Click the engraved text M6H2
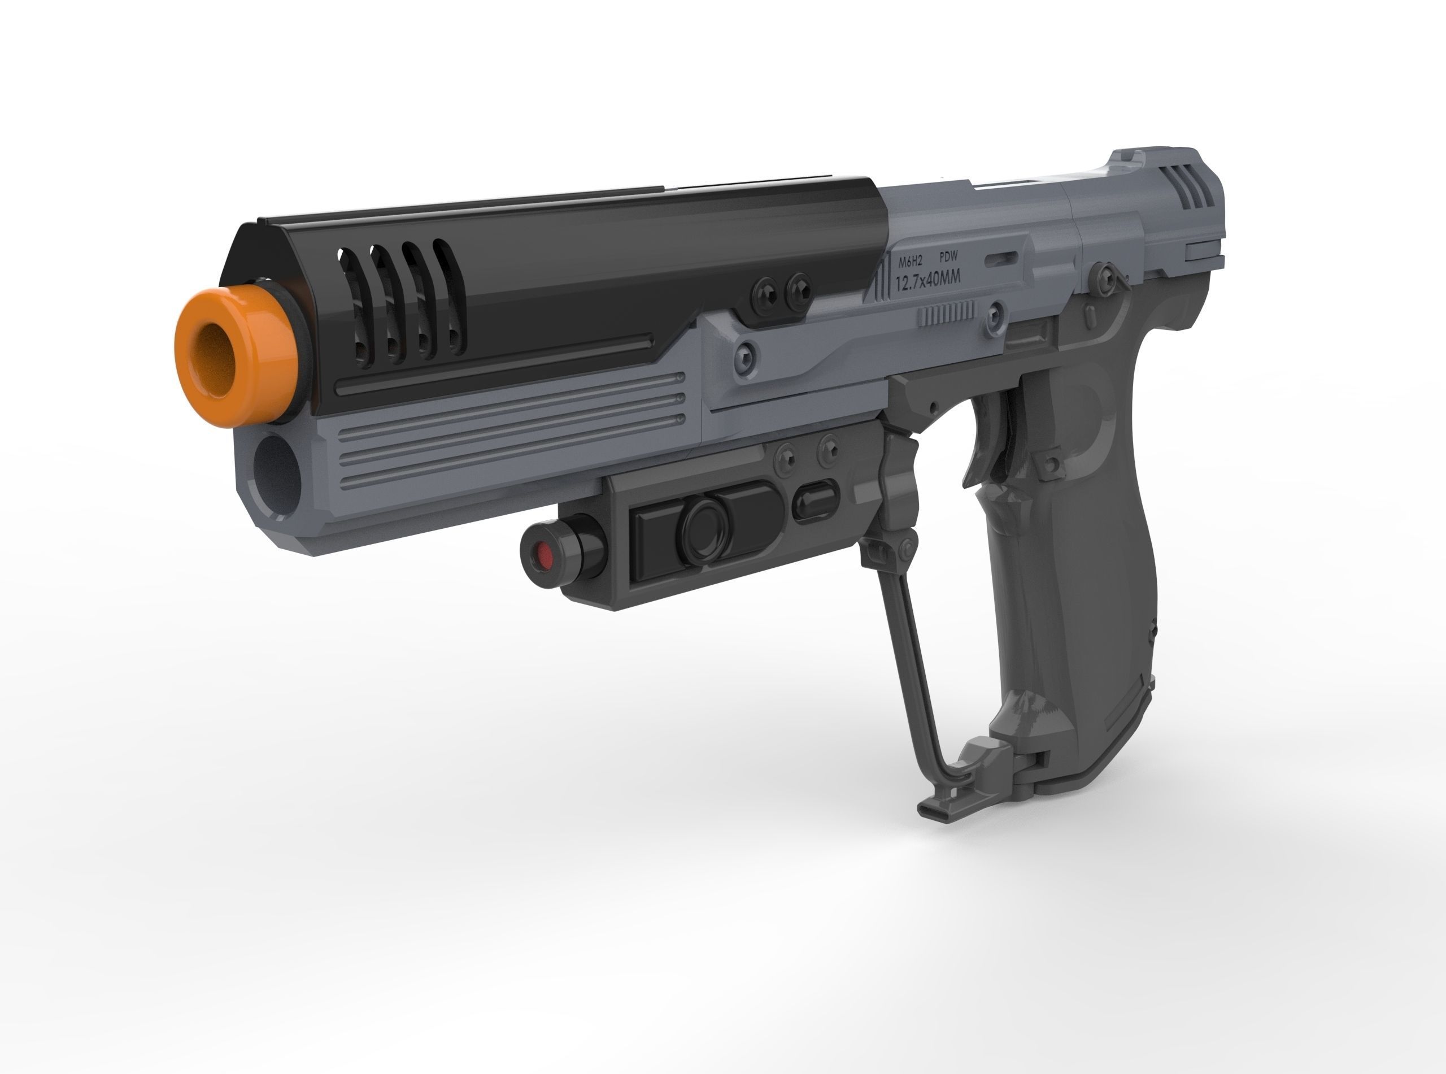[x=910, y=263]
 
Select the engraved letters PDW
[x=949, y=258]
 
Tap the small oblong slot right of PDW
[x=1001, y=258]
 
